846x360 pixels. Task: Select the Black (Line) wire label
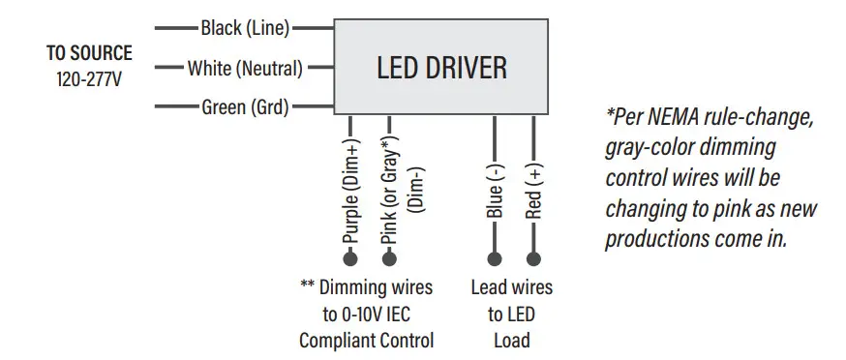245,28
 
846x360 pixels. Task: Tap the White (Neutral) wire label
245,69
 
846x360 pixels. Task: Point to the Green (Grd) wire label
245,107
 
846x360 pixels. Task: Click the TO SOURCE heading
89,54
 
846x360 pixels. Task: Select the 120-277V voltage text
89,78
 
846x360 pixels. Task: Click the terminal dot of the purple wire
350,258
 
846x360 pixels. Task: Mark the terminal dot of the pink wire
390,258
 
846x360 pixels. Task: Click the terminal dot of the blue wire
495,258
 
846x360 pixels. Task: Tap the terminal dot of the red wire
533,258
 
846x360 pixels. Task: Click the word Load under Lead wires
510,341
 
